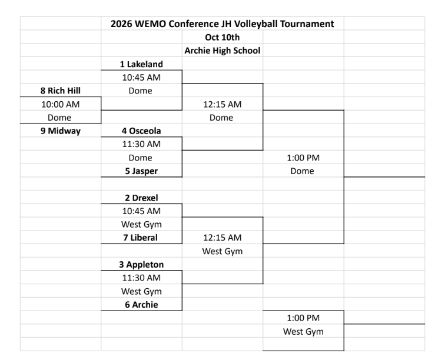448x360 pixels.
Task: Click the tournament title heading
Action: (223, 24)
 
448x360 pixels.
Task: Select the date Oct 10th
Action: (223, 37)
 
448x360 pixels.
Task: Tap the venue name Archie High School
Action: (223, 51)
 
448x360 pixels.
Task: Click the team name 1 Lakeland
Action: (141, 64)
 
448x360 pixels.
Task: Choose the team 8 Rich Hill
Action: (60, 91)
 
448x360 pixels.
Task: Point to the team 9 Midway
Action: (61, 131)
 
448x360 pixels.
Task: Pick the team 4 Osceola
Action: (141, 131)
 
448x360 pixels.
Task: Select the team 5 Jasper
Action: (141, 171)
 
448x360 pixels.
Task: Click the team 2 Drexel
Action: (141, 198)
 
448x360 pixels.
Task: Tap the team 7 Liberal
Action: (140, 238)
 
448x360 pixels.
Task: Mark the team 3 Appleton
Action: (141, 265)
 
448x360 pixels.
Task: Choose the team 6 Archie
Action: (141, 305)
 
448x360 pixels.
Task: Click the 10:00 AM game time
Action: (60, 104)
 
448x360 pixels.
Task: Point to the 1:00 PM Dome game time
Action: (303, 158)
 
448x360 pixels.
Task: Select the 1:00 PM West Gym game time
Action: (303, 318)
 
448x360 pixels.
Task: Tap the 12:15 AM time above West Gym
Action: (223, 238)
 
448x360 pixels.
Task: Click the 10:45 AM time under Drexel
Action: (141, 211)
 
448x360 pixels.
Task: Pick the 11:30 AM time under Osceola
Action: (141, 144)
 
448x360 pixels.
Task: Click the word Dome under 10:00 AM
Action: (59, 117)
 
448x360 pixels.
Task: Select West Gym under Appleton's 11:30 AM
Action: (141, 292)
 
